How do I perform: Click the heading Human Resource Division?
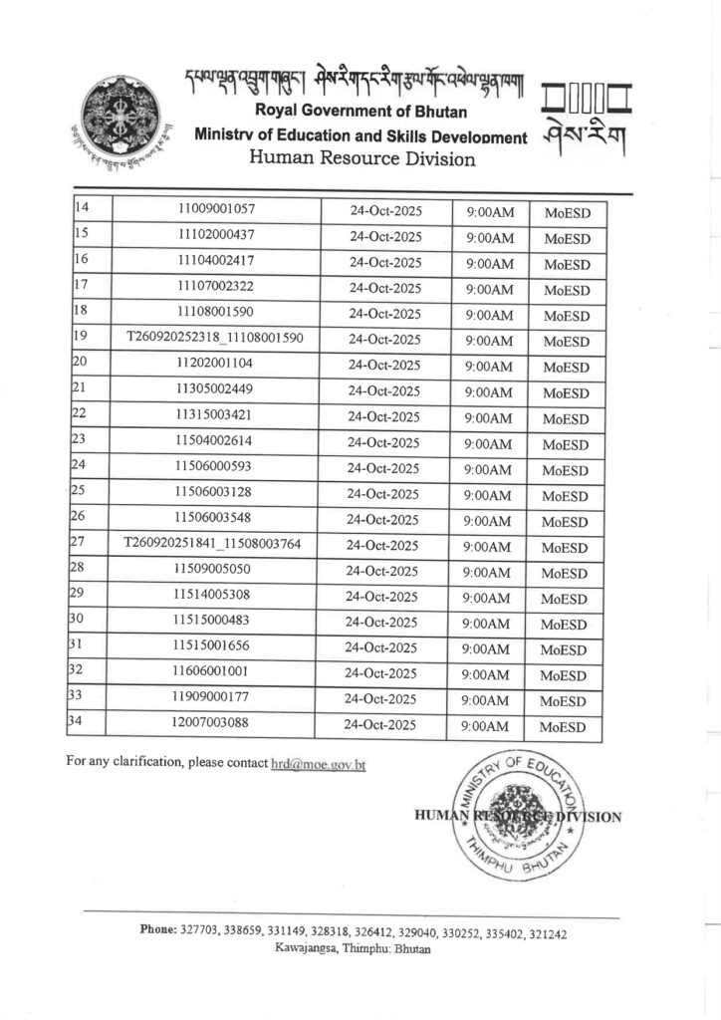(361, 158)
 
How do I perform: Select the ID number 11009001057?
(216, 211)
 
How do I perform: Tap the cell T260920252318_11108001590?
(215, 339)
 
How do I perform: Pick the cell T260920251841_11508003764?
(212, 544)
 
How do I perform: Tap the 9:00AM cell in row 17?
(489, 289)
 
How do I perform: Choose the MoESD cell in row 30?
(566, 625)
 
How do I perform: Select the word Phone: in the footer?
(158, 930)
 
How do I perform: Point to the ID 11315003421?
(213, 415)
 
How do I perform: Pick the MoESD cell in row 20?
(567, 368)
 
